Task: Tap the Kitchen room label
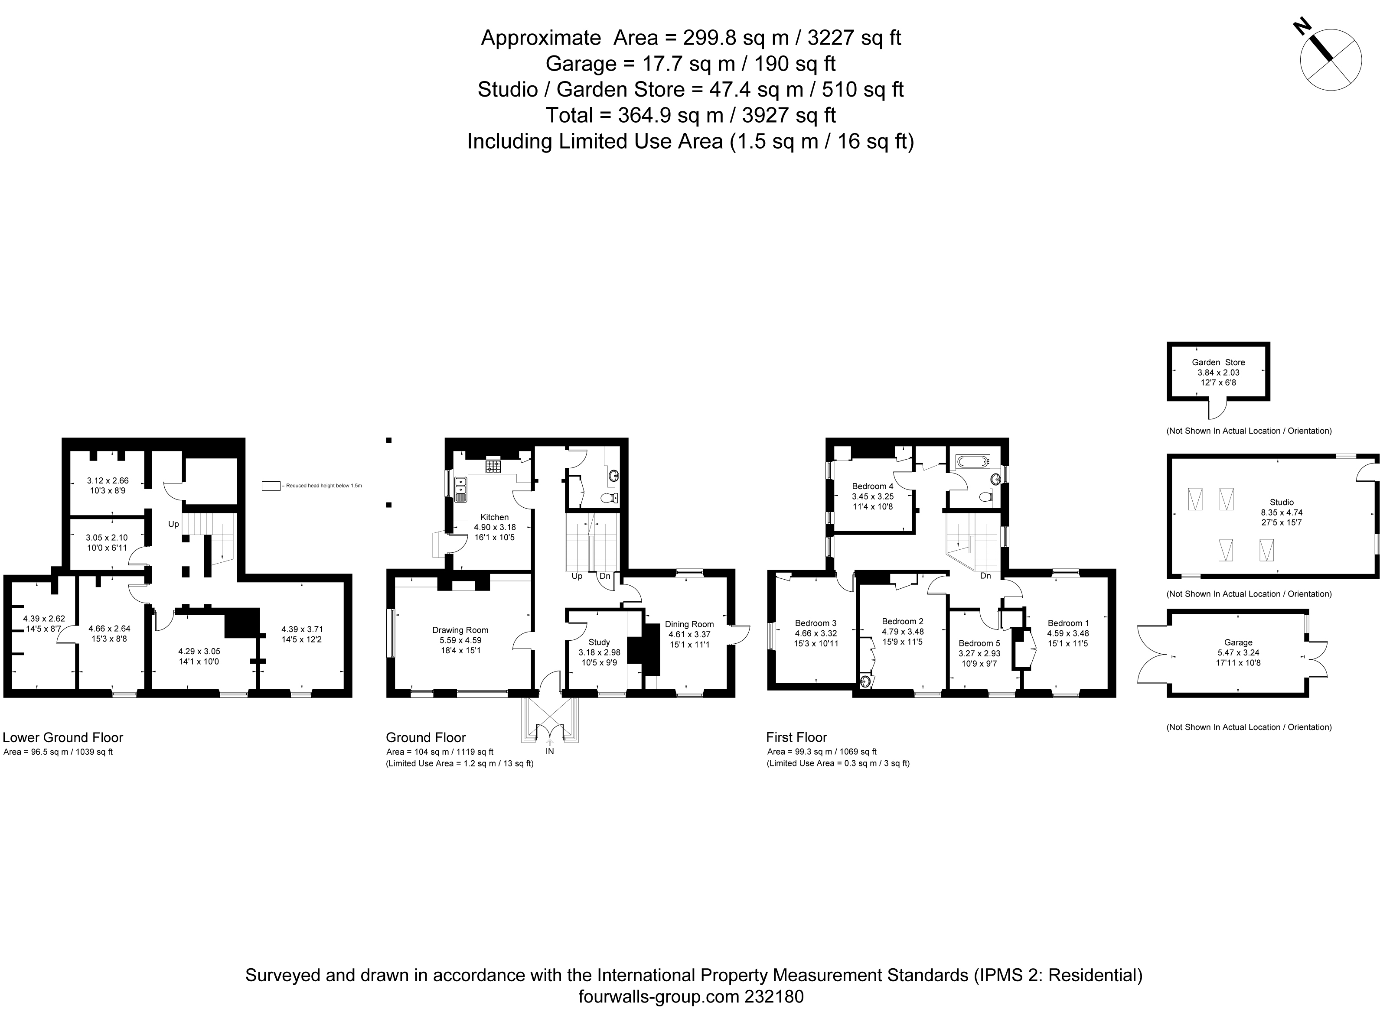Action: click(x=494, y=517)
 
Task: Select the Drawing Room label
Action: click(x=460, y=630)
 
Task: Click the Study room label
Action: click(x=599, y=642)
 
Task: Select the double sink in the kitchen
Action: click(x=460, y=490)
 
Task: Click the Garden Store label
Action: click(x=1218, y=362)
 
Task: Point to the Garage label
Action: click(x=1238, y=642)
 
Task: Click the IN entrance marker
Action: click(x=550, y=751)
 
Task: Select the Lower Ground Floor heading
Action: click(x=63, y=738)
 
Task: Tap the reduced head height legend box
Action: click(x=271, y=486)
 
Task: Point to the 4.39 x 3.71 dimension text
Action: click(x=302, y=629)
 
